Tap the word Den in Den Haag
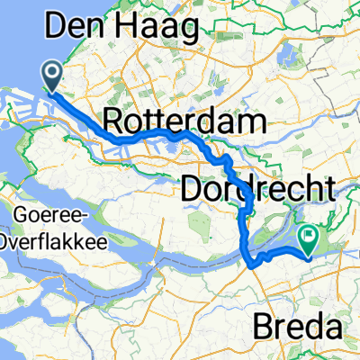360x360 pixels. pos(73,29)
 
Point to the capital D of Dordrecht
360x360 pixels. pos(193,189)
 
